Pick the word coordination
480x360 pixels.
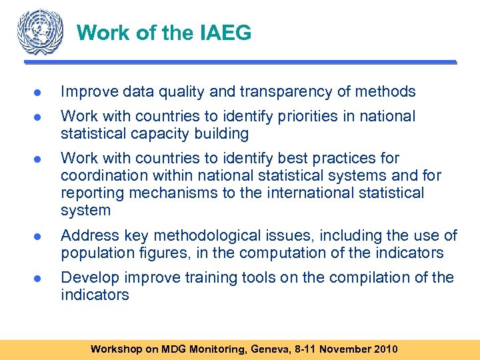[101, 176]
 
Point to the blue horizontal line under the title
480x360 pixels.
[240, 62]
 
